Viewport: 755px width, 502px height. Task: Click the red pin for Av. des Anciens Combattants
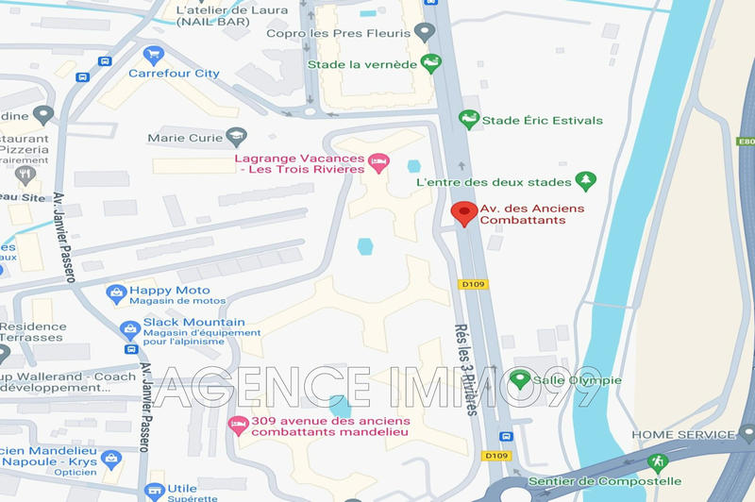[462, 213]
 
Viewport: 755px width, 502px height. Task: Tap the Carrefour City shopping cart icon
[152, 55]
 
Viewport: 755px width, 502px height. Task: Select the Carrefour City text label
[174, 74]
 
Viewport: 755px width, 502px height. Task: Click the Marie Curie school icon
[234, 138]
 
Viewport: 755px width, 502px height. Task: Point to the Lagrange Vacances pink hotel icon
[377, 162]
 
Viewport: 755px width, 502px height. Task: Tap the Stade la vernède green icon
[431, 64]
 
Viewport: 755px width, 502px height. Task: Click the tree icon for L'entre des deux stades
[586, 180]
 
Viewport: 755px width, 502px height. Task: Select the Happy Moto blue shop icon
[116, 293]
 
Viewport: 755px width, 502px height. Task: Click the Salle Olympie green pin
[517, 380]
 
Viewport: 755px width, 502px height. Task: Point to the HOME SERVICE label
[682, 434]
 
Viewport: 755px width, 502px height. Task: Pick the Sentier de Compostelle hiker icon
[657, 462]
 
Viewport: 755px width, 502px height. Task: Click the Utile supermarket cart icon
[154, 491]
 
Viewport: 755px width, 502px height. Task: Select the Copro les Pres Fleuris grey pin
[425, 33]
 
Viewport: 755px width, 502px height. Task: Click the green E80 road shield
[745, 142]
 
